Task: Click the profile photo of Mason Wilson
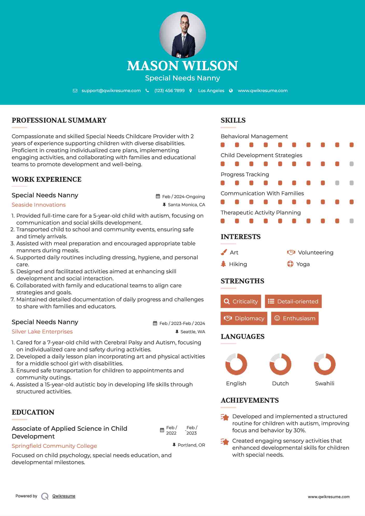point(182,35)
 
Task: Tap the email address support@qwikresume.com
point(111,90)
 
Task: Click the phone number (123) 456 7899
point(169,90)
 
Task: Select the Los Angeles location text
point(211,90)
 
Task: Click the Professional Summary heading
point(59,120)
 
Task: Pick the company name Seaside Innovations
point(39,205)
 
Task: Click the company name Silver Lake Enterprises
point(42,332)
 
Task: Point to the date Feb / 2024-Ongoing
point(183,197)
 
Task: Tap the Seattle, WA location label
point(192,332)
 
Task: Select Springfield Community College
point(54,446)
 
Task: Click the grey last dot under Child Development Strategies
point(352,164)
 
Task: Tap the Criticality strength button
point(241,301)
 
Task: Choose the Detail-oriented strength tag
point(293,301)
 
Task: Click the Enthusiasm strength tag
point(295,318)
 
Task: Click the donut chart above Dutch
point(280,364)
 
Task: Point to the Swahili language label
point(325,383)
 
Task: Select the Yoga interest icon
point(290,264)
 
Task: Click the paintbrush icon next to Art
point(224,252)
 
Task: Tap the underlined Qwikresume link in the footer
point(64,496)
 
